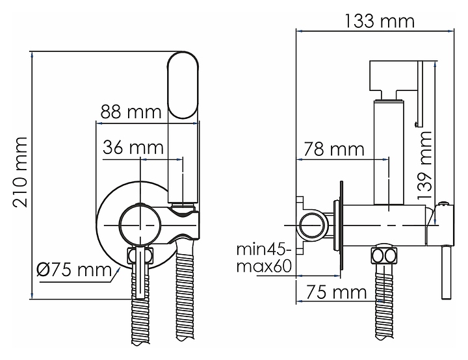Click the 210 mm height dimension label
(x=20, y=172)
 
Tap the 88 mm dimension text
(x=131, y=112)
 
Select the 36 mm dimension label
(x=133, y=147)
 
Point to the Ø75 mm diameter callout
(x=74, y=270)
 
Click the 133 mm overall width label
(x=380, y=21)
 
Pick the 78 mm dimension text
(x=334, y=149)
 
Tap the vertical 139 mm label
(x=424, y=165)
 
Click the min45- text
(x=263, y=250)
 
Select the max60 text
(x=264, y=266)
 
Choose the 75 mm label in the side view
(x=337, y=292)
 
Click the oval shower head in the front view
(x=183, y=85)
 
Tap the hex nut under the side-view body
(x=384, y=256)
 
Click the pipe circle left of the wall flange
(x=312, y=225)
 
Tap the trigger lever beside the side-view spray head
(x=421, y=94)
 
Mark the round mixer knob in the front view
(x=140, y=224)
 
